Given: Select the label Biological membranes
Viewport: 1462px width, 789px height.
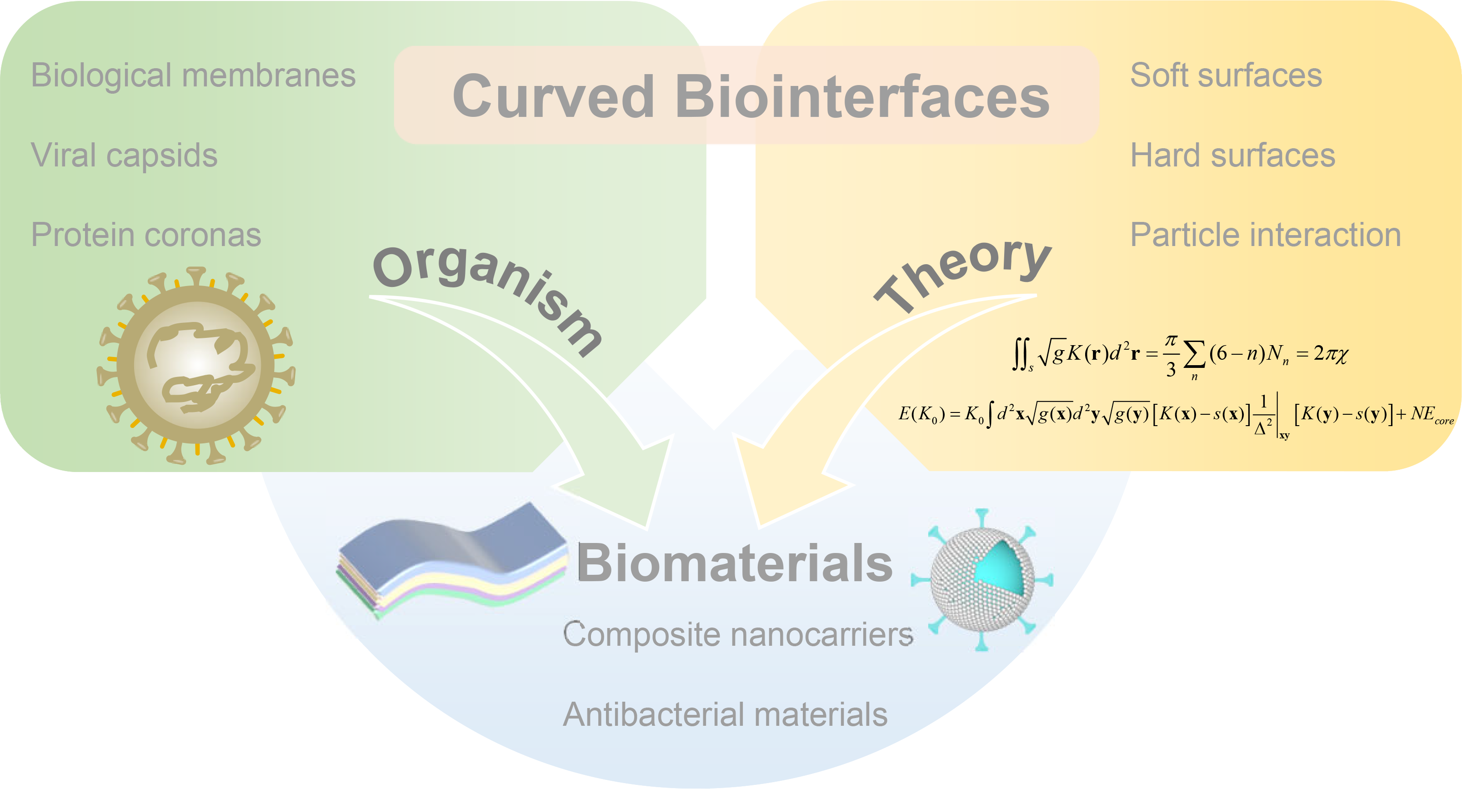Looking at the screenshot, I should [193, 75].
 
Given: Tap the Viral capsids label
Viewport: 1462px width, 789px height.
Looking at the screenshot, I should [124, 155].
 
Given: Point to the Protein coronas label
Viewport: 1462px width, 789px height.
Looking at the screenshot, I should [146, 235].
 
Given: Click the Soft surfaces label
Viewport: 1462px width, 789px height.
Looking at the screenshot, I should [1226, 75].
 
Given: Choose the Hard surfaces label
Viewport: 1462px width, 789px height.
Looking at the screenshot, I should [1233, 155].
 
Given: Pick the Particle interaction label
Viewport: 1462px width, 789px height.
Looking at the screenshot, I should [1266, 235].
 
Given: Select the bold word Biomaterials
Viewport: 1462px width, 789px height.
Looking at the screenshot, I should [734, 563].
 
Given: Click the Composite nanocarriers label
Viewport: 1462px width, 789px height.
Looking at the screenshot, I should [738, 634].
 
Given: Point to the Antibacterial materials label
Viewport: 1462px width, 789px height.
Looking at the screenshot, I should [725, 714].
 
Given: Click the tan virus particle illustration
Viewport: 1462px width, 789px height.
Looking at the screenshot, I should [196, 364].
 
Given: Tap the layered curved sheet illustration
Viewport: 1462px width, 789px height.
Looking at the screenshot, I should [451, 559].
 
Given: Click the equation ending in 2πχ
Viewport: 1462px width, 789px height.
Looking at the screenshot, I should [1181, 355].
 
